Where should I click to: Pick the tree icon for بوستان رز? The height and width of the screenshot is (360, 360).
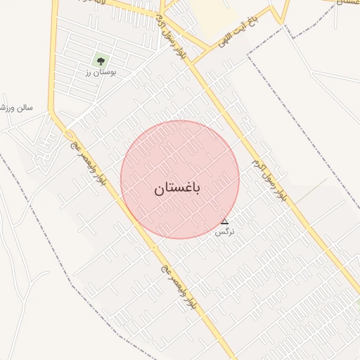[99, 61]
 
